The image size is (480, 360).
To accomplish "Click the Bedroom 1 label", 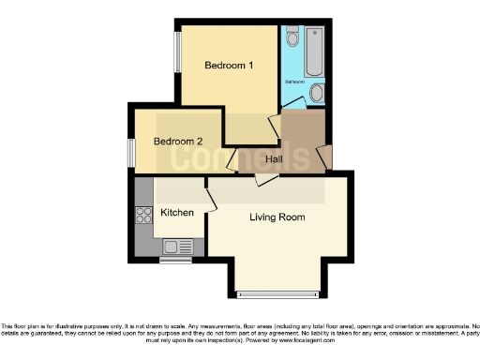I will pos(230,66).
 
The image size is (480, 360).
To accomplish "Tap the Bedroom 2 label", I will pos(178,142).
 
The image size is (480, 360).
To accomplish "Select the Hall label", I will pos(275,159).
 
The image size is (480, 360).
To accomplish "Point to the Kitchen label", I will pos(177,213).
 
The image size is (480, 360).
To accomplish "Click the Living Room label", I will pos(277,217).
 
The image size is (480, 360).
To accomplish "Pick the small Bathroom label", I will pos(295,82).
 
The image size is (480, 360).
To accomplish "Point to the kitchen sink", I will pos(173,247).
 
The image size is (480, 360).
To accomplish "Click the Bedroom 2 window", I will pos(131,151).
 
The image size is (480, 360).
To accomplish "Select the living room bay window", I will pos(277,294).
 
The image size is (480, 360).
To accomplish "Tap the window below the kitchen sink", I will pos(173,261).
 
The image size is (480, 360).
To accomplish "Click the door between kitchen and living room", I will pos(211,195).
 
